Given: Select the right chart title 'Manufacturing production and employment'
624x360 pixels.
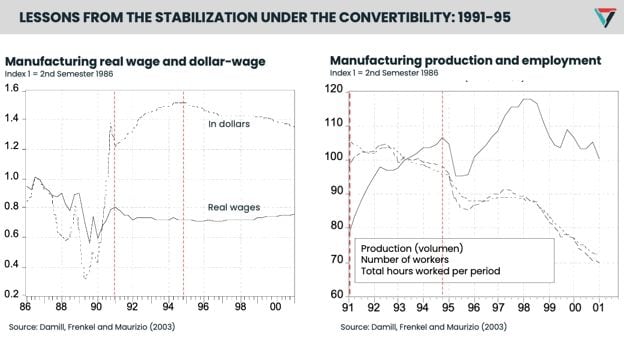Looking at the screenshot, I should pyautogui.click(x=465, y=61).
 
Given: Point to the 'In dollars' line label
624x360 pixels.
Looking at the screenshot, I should pyautogui.click(x=228, y=124).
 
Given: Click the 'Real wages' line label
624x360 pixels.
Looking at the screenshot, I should pyautogui.click(x=233, y=208).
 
